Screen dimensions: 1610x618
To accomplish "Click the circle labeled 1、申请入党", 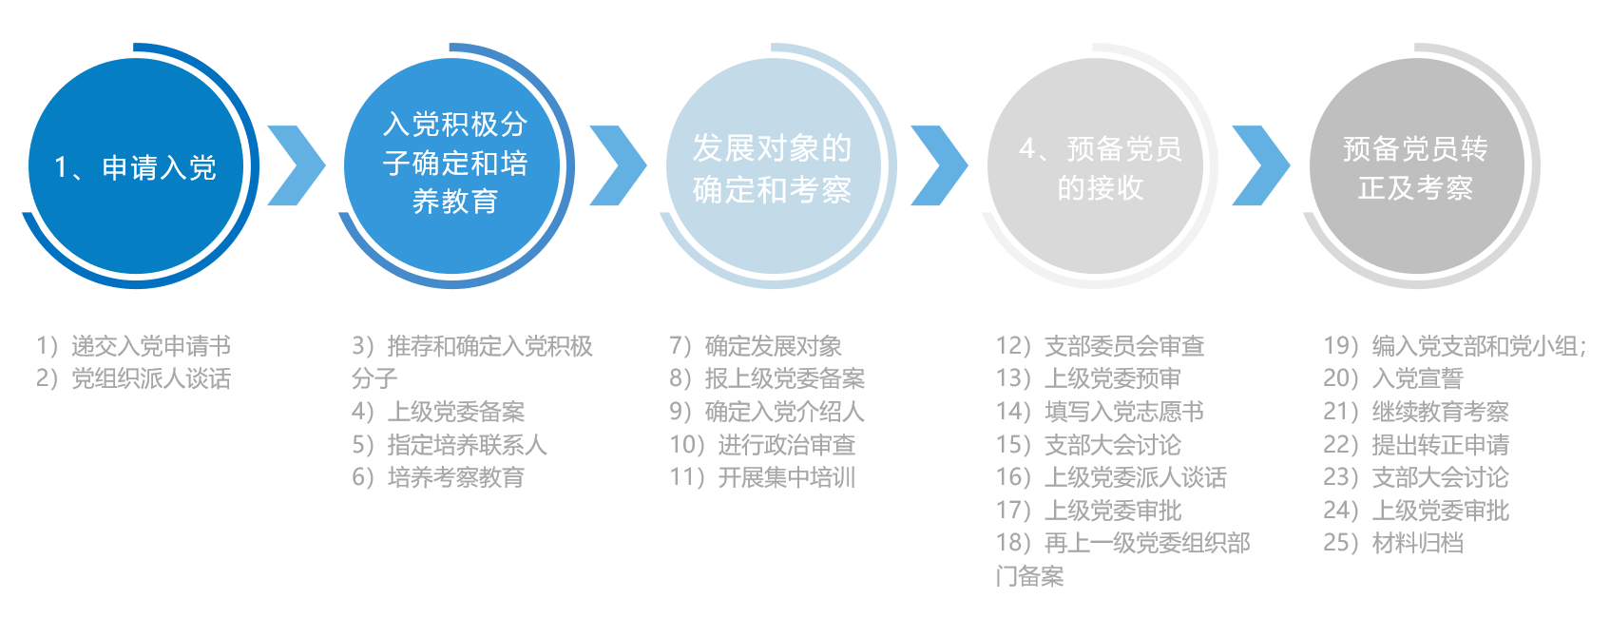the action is coord(136,166).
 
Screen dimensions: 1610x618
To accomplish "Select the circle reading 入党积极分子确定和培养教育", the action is coord(452,166).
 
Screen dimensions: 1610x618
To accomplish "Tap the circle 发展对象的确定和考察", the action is coord(774,166).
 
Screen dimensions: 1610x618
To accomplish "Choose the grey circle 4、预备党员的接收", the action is coord(1096,166).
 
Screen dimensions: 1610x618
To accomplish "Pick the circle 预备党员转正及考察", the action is coord(1417,166).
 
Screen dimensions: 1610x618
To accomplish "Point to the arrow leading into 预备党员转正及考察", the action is coord(1261,165).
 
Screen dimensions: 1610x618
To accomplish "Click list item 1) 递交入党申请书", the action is coord(134,346).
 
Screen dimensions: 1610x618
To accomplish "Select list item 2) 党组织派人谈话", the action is coord(134,378).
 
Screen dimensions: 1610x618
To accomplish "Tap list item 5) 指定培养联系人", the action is coord(450,445).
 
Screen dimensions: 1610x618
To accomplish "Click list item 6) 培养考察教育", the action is coord(438,477).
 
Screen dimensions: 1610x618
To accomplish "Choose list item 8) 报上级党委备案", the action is coord(767,378).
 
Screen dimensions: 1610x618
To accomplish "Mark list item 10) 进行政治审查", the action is coord(762,445).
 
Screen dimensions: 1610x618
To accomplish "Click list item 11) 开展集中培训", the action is coord(762,477).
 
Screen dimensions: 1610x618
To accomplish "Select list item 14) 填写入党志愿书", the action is coord(1100,412).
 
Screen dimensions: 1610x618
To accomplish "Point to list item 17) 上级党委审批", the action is coord(1088,511).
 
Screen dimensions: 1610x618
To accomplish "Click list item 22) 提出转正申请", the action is coord(1416,445).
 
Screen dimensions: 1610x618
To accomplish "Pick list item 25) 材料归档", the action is coord(1393,543).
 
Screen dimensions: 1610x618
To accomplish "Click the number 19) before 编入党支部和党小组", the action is coord(1341,346).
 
